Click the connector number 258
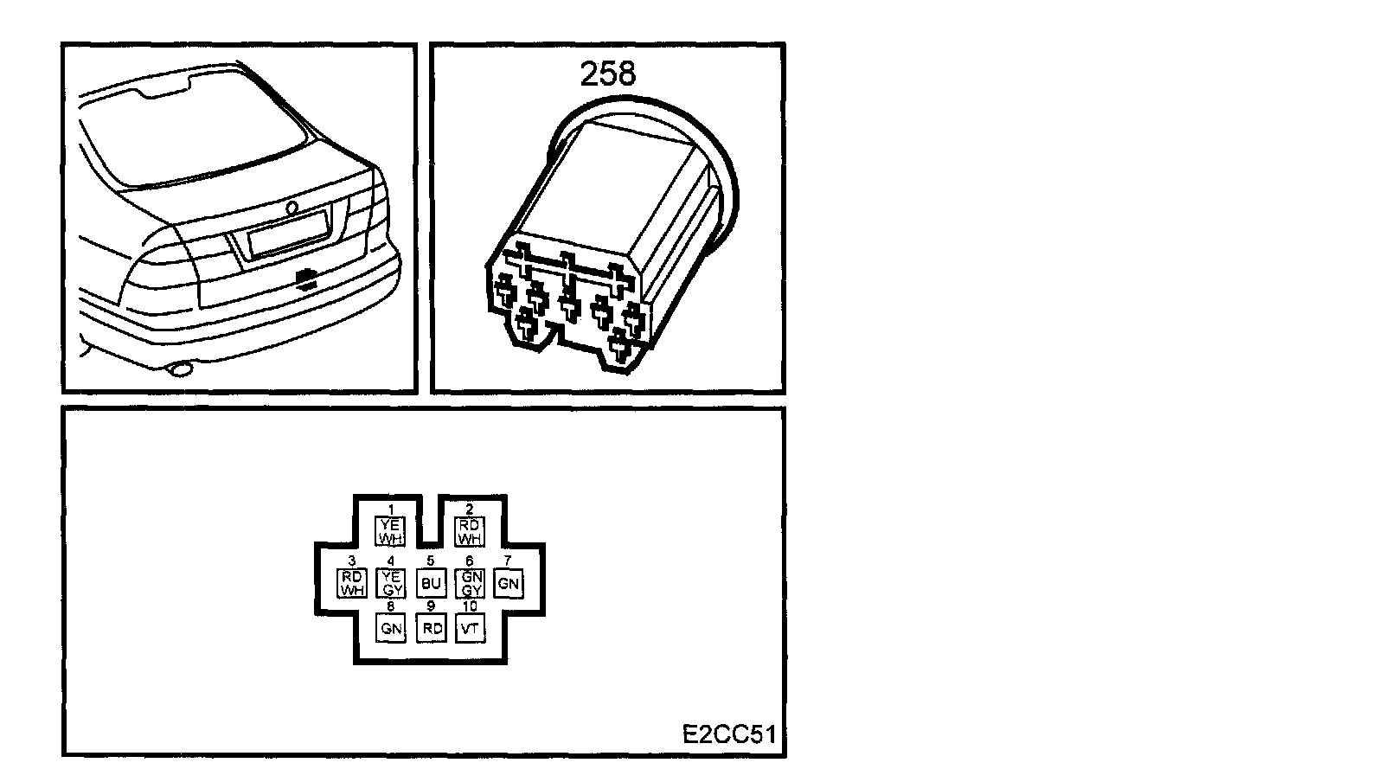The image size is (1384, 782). tap(607, 74)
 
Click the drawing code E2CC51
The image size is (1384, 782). tap(728, 734)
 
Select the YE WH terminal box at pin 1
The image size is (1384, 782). tap(391, 531)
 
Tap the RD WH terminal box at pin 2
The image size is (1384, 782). tap(470, 531)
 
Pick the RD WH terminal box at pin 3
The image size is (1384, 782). tap(352, 583)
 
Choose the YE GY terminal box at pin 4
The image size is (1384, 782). tap(391, 583)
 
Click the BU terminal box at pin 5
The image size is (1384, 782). tap(431, 583)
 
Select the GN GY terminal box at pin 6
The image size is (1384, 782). tap(470, 583)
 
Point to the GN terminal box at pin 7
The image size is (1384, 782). tap(509, 583)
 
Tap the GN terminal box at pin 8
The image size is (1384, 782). tap(391, 628)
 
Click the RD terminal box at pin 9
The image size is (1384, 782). tap(431, 628)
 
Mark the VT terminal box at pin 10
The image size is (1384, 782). tap(470, 628)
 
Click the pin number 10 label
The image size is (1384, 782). tap(470, 606)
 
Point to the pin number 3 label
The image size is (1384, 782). tap(352, 561)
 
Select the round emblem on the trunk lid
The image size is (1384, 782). tap(292, 207)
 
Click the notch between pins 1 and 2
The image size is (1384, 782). tap(430, 519)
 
